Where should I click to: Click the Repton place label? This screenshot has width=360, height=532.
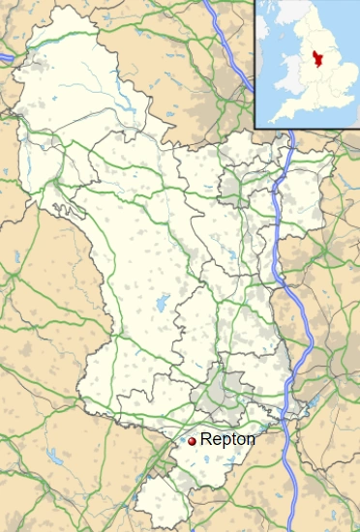point(227,439)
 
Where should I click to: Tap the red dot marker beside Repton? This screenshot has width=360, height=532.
point(192,441)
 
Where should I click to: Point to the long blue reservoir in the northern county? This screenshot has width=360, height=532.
point(127,92)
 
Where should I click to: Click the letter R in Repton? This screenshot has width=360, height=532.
point(204,439)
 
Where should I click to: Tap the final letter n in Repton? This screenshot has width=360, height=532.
point(251,440)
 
